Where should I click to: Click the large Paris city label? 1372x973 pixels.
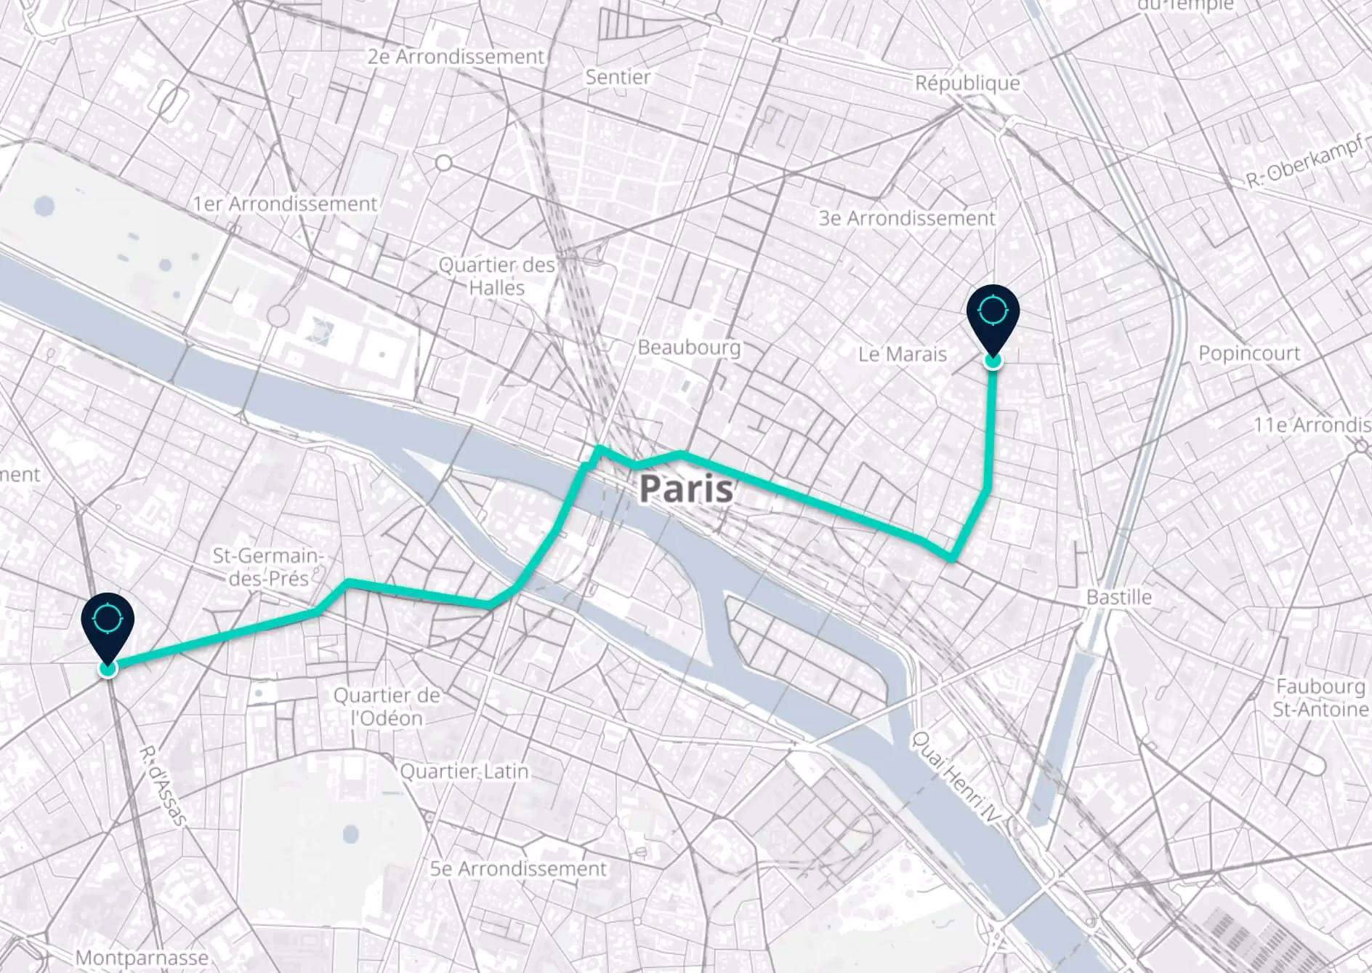tap(686, 489)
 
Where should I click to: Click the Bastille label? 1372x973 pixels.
tap(1118, 597)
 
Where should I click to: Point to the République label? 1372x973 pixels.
tap(967, 83)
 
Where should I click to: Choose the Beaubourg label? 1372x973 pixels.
tap(688, 348)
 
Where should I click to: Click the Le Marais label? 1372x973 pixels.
tap(902, 354)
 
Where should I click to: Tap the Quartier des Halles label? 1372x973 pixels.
tap(496, 276)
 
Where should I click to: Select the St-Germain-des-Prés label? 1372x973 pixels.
tap(266, 567)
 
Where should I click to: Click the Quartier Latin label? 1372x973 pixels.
tap(464, 771)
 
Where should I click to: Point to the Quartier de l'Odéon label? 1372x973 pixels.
tap(387, 707)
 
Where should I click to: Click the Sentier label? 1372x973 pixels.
tap(618, 76)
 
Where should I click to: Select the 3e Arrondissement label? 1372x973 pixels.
tap(906, 217)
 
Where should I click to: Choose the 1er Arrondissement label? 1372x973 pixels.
tap(285, 204)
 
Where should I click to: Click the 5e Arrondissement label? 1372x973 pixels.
tap(517, 868)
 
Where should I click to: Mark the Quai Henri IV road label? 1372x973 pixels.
tap(955, 778)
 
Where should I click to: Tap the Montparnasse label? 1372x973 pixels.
tap(142, 958)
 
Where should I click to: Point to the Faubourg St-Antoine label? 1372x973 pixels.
tap(1320, 697)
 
